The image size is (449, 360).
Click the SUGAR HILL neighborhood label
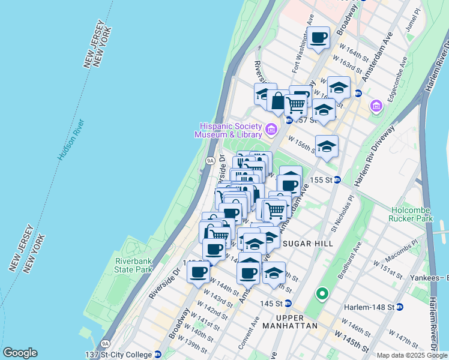click(303, 242)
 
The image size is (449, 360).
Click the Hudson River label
click(71, 140)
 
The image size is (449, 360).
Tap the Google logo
click(20, 353)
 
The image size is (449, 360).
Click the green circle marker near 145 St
click(322, 293)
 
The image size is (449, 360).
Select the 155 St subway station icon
click(337, 179)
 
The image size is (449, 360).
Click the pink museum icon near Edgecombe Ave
click(376, 106)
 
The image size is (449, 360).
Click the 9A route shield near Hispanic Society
click(210, 161)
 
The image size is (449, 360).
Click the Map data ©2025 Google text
click(412, 355)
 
